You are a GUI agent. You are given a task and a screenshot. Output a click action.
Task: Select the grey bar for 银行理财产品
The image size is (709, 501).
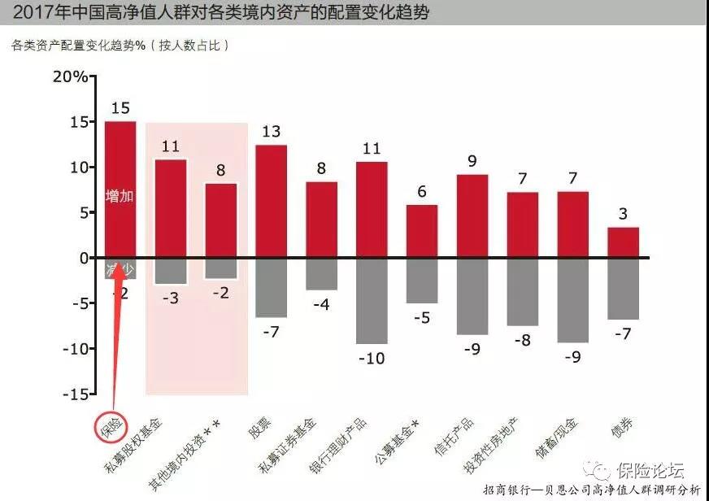point(372,300)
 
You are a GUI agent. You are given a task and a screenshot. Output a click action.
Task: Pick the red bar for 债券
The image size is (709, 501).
point(623,242)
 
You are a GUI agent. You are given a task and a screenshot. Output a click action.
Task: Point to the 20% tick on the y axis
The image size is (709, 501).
point(70,77)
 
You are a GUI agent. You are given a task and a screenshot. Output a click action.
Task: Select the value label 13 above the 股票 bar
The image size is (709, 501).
point(271,132)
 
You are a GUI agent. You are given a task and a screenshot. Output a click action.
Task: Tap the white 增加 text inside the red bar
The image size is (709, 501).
point(120,196)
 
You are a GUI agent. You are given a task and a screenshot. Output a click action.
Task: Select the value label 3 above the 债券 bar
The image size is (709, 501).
point(623,214)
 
